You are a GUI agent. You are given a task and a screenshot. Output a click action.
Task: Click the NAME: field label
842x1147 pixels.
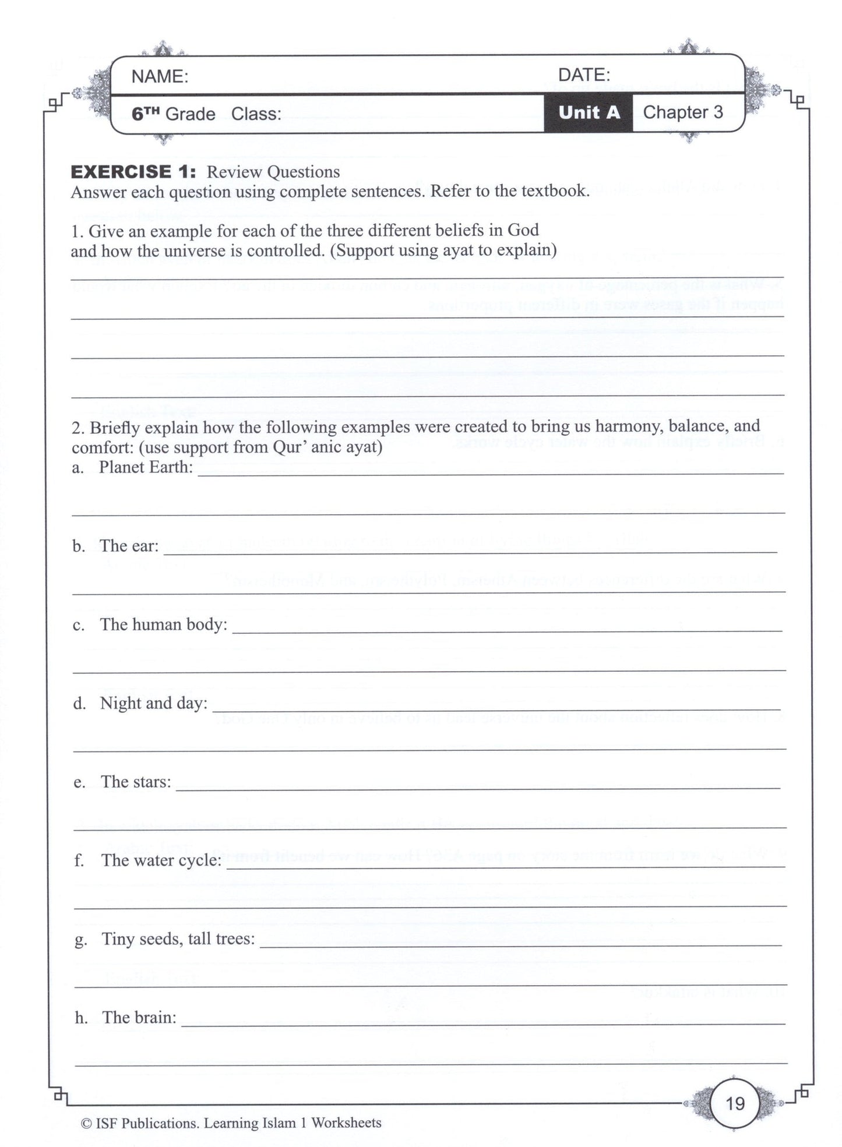tap(160, 77)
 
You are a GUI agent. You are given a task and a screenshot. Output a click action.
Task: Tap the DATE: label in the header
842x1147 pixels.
tap(584, 75)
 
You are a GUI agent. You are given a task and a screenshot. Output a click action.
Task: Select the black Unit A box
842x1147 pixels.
tap(589, 112)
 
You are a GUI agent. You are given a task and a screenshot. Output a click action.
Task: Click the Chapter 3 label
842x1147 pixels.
tap(682, 112)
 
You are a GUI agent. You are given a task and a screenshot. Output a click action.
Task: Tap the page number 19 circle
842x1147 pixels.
tap(735, 1103)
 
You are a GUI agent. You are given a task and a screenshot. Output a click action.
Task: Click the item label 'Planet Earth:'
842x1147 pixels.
tap(146, 467)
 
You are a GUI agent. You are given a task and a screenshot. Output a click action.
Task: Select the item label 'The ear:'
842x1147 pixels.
tap(129, 546)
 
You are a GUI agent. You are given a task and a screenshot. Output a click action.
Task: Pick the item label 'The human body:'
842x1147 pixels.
tap(164, 624)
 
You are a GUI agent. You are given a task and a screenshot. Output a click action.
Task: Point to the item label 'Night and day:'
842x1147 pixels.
tap(154, 703)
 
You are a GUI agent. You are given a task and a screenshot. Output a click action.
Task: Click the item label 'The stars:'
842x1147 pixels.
tap(136, 782)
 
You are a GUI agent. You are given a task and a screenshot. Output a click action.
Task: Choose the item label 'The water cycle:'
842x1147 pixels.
tap(161, 860)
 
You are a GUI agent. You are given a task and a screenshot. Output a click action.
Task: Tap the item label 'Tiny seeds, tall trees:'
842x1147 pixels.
tap(178, 939)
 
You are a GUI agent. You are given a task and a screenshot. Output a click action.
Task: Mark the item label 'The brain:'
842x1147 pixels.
tap(139, 1018)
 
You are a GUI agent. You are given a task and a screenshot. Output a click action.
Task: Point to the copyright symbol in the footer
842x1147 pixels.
tap(86, 1124)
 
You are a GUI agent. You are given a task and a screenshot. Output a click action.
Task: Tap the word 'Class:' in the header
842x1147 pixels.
tap(256, 114)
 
